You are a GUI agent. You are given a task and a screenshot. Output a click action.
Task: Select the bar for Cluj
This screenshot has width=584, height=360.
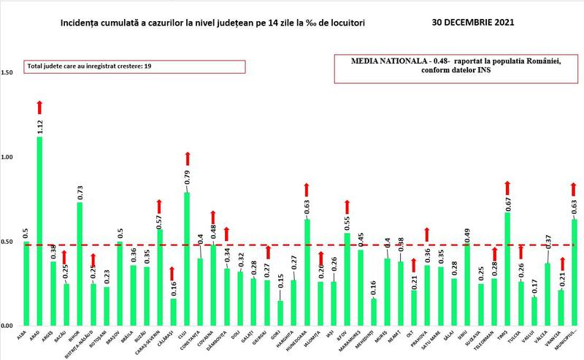pos(187,258)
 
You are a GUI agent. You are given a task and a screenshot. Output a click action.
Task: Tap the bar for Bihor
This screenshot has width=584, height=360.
pos(80,264)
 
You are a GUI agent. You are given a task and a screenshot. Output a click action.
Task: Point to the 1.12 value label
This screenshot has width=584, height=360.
pos(39,124)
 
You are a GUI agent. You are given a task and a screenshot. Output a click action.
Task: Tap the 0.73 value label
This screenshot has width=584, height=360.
pos(80,191)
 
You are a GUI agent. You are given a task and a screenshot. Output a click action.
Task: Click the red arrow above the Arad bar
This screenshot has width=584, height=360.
pos(39,107)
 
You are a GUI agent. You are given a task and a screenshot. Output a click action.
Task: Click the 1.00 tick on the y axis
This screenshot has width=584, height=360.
pos(9,157)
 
